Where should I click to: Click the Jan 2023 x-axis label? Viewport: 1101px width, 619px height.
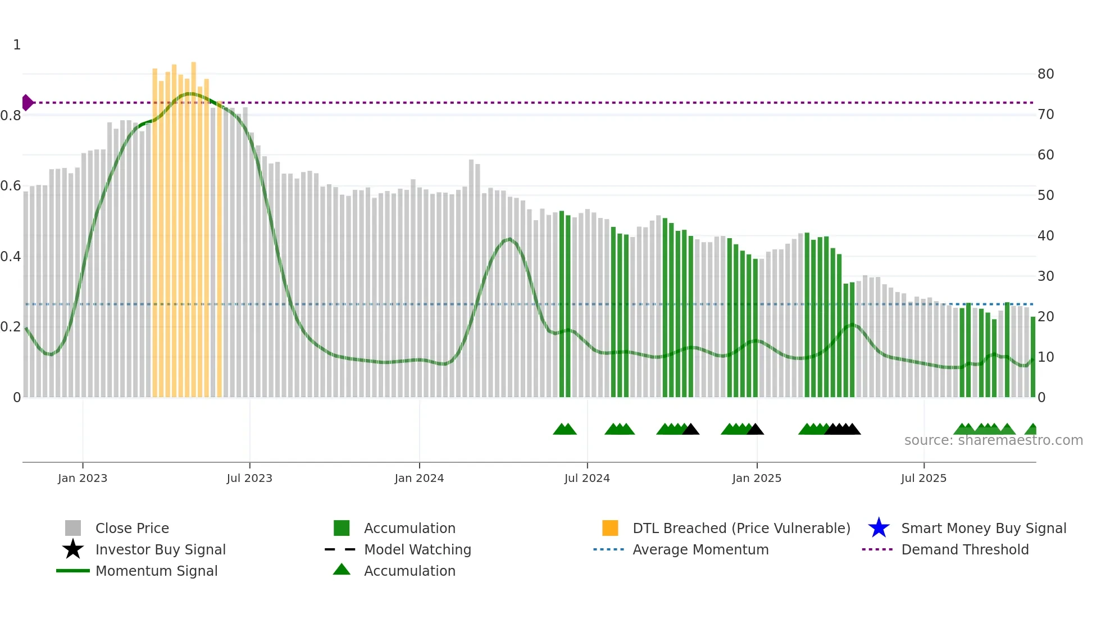click(x=83, y=479)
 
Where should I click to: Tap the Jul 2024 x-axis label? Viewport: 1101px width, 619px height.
click(x=587, y=479)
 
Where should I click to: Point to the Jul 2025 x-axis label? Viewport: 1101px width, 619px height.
click(x=923, y=479)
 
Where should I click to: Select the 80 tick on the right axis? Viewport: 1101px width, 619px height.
click(x=1045, y=74)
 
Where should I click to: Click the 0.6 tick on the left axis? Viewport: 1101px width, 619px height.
click(x=11, y=186)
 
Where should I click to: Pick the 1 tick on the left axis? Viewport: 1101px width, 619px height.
click(x=17, y=45)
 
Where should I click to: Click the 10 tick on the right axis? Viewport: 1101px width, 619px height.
click(x=1045, y=357)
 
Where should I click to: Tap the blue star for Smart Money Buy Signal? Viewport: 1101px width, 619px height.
click(x=879, y=528)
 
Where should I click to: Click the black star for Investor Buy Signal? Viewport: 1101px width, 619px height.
click(x=73, y=549)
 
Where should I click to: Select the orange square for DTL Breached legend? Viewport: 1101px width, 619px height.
click(x=610, y=528)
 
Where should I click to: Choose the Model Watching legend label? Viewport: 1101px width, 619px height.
click(x=417, y=549)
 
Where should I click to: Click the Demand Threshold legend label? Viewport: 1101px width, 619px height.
click(x=964, y=549)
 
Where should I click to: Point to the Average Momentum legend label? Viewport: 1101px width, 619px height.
click(x=700, y=549)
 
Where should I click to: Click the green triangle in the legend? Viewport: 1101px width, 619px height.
click(x=342, y=570)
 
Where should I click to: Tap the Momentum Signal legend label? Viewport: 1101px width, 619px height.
click(x=156, y=571)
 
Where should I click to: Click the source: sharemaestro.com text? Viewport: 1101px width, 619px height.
click(x=993, y=440)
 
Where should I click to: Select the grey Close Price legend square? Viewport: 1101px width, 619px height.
click(x=73, y=528)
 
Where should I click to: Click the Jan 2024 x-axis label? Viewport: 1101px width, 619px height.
click(x=419, y=479)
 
